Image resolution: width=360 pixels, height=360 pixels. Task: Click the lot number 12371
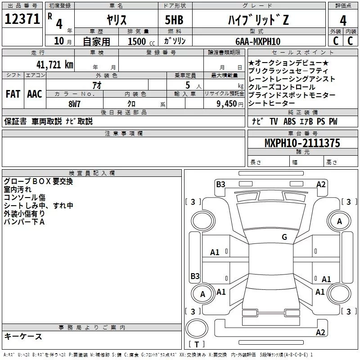click(x=22, y=19)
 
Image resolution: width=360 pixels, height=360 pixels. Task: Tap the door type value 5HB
click(x=174, y=20)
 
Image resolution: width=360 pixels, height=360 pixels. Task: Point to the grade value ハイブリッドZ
click(x=257, y=20)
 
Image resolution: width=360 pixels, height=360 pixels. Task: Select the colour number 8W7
click(x=75, y=103)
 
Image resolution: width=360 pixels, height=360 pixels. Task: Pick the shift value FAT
click(x=13, y=94)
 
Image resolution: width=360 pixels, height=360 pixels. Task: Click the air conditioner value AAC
click(x=35, y=94)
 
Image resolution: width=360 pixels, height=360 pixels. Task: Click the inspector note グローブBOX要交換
click(x=38, y=182)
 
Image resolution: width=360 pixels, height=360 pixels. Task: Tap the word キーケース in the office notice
click(x=23, y=336)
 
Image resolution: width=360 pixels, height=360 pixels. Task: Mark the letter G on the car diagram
click(x=284, y=237)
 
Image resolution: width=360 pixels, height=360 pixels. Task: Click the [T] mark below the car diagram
click(x=196, y=345)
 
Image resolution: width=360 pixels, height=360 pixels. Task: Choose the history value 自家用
click(x=97, y=41)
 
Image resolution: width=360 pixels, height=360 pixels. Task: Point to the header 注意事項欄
click(x=123, y=134)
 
